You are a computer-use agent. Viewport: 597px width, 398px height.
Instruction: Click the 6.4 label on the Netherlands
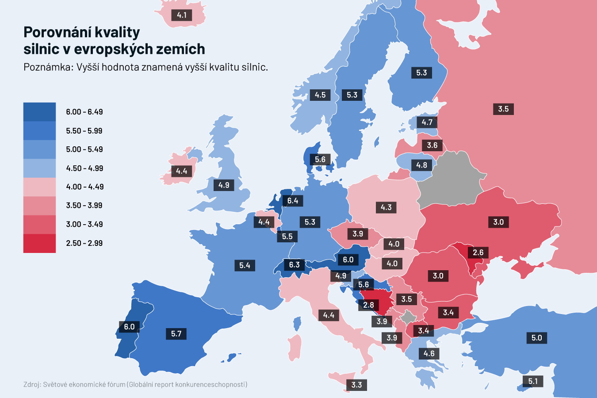(292, 201)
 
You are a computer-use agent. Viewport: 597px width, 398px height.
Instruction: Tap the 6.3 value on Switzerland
(294, 265)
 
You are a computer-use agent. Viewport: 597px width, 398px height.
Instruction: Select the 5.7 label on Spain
(176, 333)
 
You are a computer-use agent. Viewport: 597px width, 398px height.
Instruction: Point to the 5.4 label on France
(245, 265)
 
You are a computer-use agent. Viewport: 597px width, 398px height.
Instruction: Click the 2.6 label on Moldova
(478, 253)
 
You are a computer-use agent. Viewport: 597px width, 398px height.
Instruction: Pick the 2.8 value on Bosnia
(368, 305)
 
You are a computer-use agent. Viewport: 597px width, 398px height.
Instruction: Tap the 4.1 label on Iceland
(181, 15)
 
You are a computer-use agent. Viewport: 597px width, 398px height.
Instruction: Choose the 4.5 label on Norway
(320, 95)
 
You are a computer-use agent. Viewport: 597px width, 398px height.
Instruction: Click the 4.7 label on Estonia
(427, 122)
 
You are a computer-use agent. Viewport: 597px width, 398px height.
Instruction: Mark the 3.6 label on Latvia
(432, 145)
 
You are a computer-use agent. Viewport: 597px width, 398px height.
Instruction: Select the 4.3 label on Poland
(386, 207)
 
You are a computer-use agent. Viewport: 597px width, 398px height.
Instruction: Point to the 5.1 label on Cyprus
(533, 381)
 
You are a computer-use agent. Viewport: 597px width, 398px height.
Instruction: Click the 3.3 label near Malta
(356, 385)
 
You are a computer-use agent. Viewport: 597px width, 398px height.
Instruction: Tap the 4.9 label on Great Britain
(224, 185)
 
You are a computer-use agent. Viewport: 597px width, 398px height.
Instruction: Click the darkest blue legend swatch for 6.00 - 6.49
(39, 112)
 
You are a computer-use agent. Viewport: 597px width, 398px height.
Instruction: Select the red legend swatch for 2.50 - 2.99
(39, 243)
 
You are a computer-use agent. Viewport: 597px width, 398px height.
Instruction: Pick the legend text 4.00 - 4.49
(84, 187)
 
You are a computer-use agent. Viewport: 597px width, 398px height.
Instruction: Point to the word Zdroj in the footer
(32, 385)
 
